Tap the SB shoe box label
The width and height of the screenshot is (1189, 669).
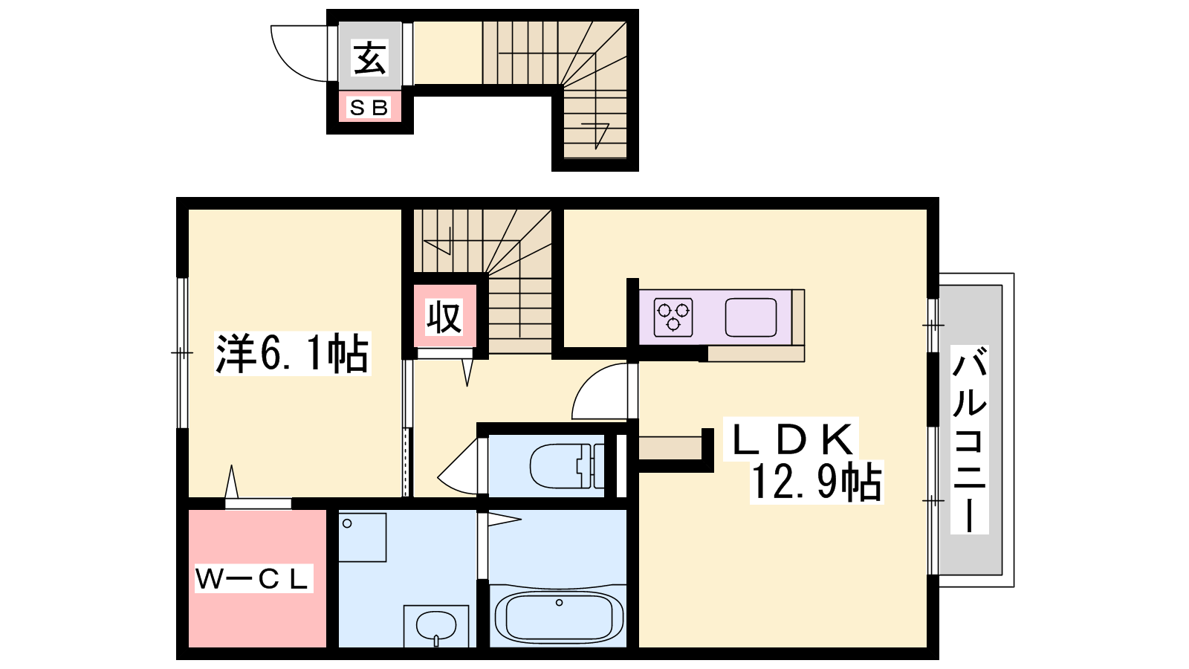(369, 108)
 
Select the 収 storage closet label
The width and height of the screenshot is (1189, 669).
(444, 317)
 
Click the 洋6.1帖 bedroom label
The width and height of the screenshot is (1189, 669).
(292, 354)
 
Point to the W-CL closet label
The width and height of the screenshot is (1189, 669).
(253, 579)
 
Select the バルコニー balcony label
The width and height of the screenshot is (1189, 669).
(969, 439)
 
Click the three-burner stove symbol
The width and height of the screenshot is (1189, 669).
(673, 317)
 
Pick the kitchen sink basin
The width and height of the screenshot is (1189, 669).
(751, 317)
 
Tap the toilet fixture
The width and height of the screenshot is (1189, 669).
(566, 466)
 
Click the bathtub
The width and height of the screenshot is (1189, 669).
(558, 618)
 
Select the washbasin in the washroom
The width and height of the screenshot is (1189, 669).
(435, 627)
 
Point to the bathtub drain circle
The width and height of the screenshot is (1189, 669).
(559, 603)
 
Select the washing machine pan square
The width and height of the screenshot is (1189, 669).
(362, 537)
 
